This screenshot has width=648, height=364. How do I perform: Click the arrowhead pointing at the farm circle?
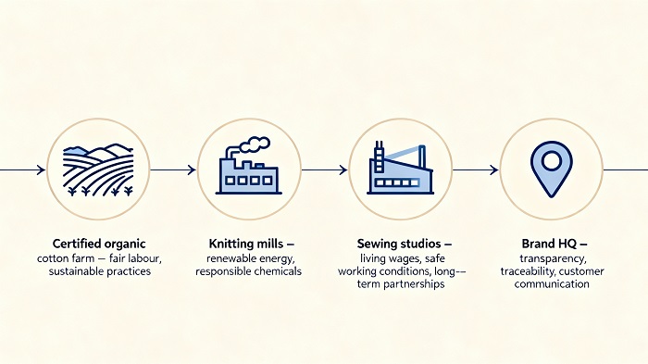pos(40,169)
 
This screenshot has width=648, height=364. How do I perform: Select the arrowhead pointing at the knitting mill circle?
pos(192,169)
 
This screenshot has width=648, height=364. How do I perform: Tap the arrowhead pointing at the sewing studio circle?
pos(343,169)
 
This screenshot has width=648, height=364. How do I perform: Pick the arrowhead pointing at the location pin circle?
pos(494,169)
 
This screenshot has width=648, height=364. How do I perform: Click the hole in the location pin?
pos(550,161)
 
